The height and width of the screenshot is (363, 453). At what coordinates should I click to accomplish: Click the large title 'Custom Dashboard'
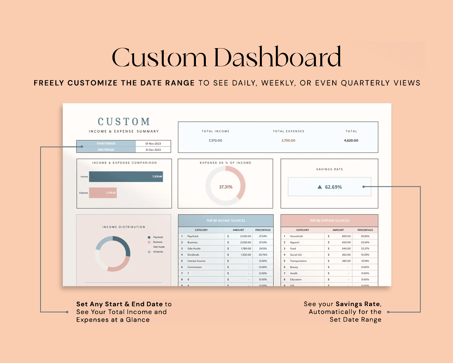point(226,57)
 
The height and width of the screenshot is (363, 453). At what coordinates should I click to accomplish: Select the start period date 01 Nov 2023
point(153,143)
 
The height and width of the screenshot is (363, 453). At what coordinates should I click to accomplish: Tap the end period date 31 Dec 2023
point(153,150)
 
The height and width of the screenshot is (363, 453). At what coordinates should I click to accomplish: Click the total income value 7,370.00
point(215,141)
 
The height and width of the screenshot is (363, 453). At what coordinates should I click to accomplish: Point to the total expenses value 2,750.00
point(288,141)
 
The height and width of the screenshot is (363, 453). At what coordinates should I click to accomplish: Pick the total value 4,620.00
point(351,141)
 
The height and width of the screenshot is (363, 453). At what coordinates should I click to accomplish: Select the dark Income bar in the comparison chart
point(126,177)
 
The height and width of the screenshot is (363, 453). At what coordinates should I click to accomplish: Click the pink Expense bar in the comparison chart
point(103,193)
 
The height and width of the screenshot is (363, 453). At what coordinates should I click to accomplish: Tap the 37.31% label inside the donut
point(226,187)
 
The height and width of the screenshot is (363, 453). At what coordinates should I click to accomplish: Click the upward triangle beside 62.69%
point(319,187)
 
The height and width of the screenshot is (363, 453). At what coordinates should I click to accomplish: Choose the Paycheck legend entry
point(158,237)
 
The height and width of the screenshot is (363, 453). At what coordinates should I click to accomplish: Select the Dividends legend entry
point(158,252)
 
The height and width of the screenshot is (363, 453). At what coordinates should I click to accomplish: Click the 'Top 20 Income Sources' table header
point(226,221)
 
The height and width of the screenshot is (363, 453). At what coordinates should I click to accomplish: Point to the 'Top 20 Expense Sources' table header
point(329,221)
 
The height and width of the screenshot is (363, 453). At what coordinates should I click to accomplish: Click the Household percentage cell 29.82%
point(365,236)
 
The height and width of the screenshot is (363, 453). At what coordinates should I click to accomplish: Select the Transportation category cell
point(298,261)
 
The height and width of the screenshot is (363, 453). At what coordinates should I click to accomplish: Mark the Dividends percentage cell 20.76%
point(263,255)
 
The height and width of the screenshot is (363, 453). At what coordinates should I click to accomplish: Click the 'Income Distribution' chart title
point(124,227)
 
